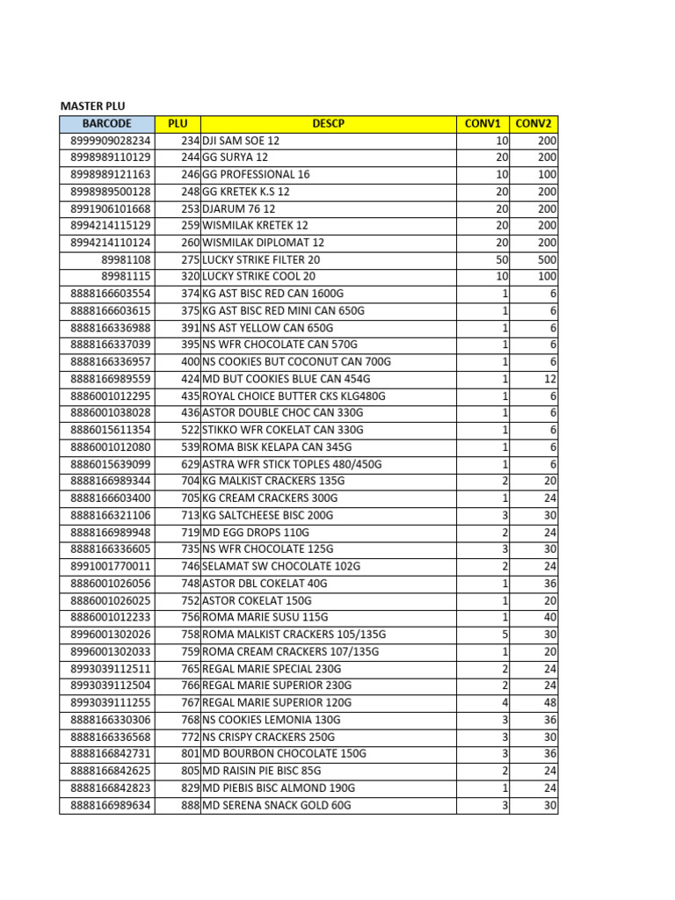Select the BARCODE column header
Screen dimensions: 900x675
click(107, 124)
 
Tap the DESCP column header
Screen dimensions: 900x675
click(329, 124)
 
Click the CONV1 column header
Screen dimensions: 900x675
click(483, 124)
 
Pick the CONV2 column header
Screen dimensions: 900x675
click(533, 124)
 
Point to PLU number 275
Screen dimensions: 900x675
click(190, 260)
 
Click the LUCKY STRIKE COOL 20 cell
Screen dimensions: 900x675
click(259, 277)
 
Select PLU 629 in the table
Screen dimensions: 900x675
click(190, 464)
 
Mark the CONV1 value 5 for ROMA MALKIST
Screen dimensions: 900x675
click(504, 635)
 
